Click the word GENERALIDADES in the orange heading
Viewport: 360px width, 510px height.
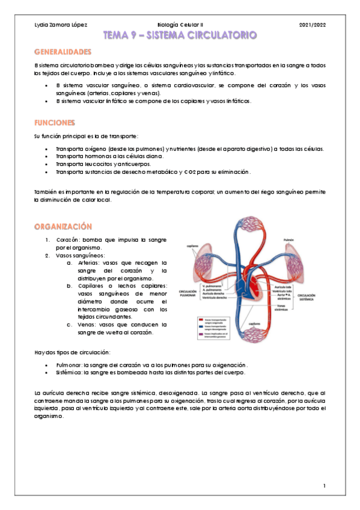tap(63, 52)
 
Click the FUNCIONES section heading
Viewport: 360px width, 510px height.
tap(55, 122)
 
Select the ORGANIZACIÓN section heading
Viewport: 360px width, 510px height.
tap(63, 226)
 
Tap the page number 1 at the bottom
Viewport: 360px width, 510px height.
tap(324, 485)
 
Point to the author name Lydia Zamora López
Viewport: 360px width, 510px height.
tap(61, 25)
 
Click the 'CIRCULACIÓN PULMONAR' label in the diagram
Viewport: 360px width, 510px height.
tap(188, 293)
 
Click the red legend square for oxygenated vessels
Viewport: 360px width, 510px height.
tap(201, 320)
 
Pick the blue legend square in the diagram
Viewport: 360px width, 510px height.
tap(201, 327)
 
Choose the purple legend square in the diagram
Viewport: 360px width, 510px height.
tap(201, 334)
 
